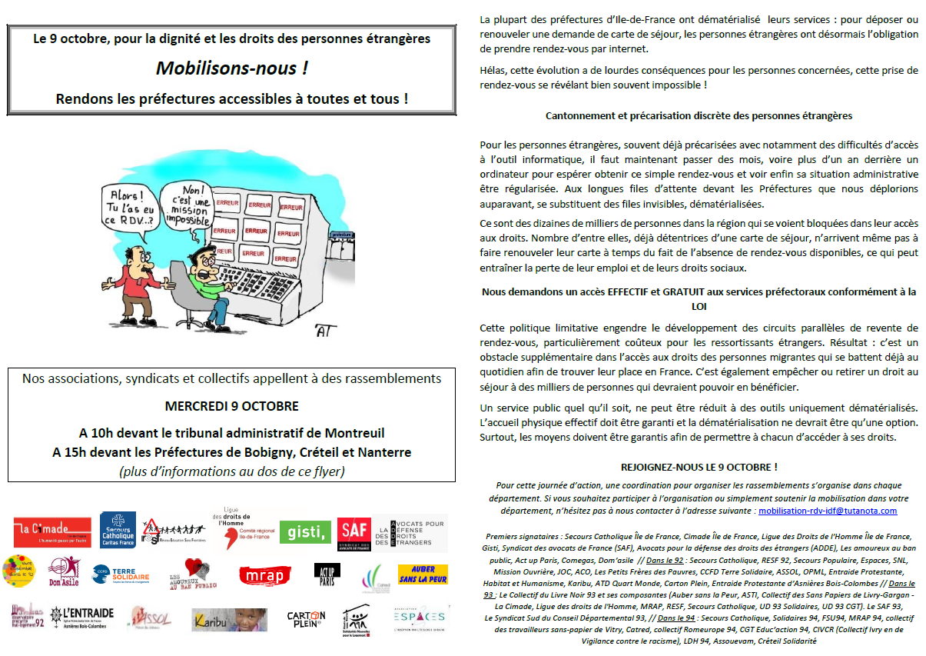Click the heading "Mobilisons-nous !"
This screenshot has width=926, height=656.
tap(231, 68)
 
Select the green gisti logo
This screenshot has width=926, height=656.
tap(305, 531)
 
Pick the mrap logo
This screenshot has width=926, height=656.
tap(265, 574)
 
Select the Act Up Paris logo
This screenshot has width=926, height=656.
tap(327, 573)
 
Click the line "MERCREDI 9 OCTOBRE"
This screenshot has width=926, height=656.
tap(231, 406)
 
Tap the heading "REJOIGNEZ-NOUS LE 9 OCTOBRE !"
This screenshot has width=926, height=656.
tap(698, 467)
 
